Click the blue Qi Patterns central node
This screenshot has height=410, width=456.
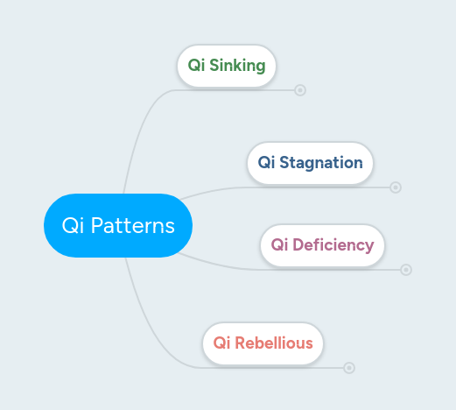[x=117, y=225]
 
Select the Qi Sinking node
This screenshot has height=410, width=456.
[x=227, y=67]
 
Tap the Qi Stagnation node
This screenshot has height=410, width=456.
[x=310, y=163]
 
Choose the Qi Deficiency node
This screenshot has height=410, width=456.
[x=322, y=244]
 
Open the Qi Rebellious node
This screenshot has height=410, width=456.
[x=263, y=343]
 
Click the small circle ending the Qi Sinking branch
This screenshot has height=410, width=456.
[x=300, y=89]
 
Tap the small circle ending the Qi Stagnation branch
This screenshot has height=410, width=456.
[x=396, y=187]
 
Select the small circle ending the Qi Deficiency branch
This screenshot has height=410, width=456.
[x=406, y=270]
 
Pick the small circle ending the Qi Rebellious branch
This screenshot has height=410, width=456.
[x=349, y=368]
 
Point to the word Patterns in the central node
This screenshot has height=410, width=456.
[x=133, y=226]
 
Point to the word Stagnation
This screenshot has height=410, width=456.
[x=321, y=163]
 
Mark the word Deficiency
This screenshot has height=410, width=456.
[x=333, y=244]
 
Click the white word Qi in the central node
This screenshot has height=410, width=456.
[x=72, y=226]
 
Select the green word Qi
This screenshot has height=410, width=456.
[x=196, y=67]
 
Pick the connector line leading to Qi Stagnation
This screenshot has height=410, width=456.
[x=210, y=190]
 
